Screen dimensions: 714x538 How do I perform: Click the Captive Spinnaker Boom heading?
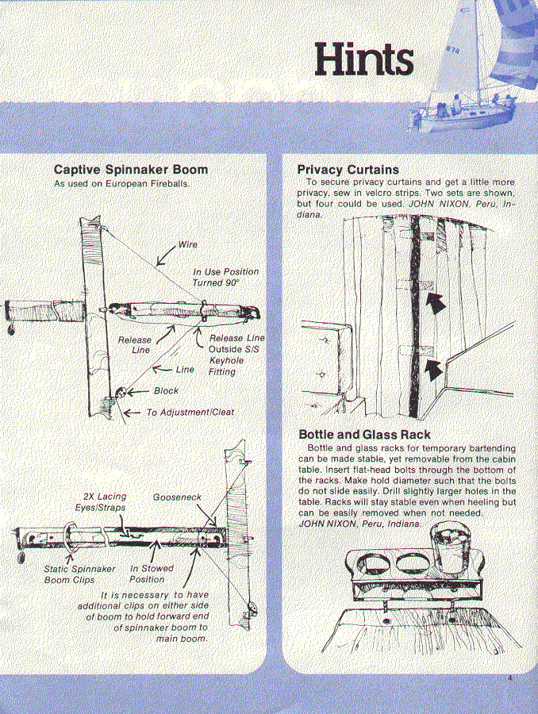pyautogui.click(x=131, y=170)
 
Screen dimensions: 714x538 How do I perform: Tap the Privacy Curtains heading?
pyautogui.click(x=348, y=170)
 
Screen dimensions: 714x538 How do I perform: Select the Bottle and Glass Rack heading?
pyautogui.click(x=364, y=435)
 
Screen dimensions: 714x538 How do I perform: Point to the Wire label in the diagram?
pyautogui.click(x=188, y=245)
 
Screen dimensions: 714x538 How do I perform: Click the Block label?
pyautogui.click(x=167, y=391)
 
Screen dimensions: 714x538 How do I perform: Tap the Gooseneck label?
pyautogui.click(x=177, y=497)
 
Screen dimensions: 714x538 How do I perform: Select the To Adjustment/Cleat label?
pyautogui.click(x=190, y=413)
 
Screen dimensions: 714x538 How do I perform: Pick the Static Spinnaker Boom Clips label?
pyautogui.click(x=79, y=574)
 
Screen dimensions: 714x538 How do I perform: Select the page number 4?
pyautogui.click(x=512, y=678)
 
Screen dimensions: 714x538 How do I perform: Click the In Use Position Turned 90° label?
pyautogui.click(x=225, y=277)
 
